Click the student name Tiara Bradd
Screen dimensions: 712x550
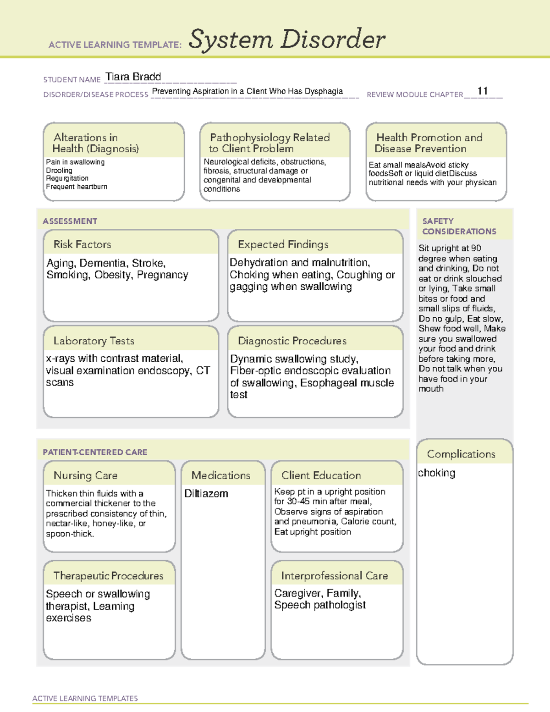133,77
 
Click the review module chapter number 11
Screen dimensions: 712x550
482,91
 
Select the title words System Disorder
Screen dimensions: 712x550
287,39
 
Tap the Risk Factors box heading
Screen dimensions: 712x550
82,244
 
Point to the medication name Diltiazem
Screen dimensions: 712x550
206,494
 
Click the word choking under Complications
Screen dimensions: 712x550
436,473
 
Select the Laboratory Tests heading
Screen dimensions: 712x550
93,341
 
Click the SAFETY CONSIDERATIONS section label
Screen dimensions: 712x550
459,226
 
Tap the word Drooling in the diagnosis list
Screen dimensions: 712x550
59,170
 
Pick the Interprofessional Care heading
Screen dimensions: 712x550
334,576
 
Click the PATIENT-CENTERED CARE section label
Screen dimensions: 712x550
95,452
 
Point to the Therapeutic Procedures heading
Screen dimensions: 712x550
108,576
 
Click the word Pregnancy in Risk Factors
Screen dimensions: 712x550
163,275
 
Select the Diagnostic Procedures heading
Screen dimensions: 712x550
292,341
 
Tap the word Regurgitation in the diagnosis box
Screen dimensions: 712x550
67,178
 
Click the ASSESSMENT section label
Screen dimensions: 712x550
70,221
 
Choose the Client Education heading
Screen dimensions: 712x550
321,475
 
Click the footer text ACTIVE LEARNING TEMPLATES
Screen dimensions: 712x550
85,698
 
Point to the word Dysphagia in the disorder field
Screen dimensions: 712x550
324,91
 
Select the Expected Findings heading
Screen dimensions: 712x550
283,244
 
